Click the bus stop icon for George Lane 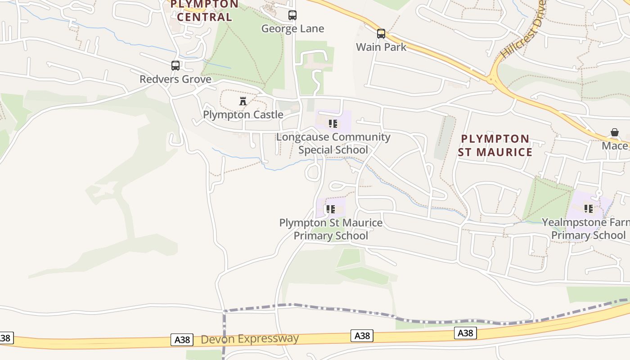point(292,15)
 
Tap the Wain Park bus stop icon point(381,33)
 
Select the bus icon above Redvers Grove point(175,66)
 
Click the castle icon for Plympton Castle point(243,101)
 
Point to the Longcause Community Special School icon point(333,123)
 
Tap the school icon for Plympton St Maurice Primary point(331,209)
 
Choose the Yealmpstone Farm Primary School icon point(589,208)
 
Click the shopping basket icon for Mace point(615,132)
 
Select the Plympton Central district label point(205,11)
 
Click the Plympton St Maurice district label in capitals point(495,145)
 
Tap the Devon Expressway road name point(250,339)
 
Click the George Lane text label point(292,29)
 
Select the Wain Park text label point(381,47)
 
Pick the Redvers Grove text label point(175,79)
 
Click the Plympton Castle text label point(243,114)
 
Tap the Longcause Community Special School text point(333,143)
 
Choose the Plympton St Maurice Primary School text point(331,229)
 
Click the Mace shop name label point(615,146)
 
